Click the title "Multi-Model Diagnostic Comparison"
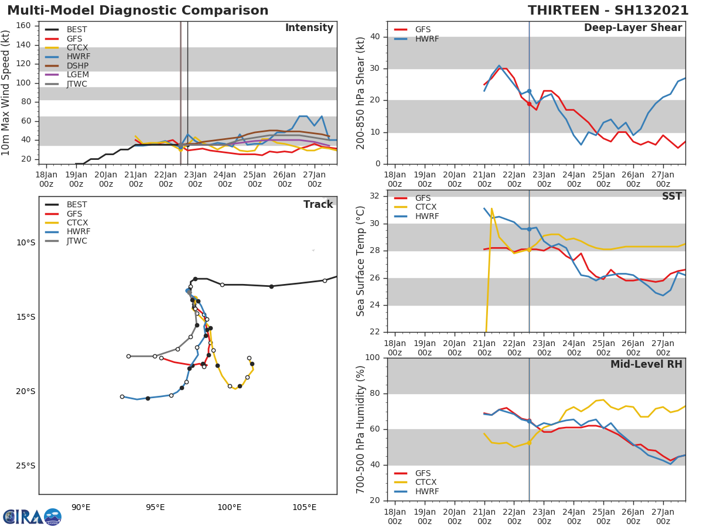(138, 11)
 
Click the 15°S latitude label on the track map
(25, 317)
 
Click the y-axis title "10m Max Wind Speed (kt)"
(6, 93)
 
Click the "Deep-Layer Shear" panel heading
(633, 28)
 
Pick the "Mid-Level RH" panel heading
(646, 364)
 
